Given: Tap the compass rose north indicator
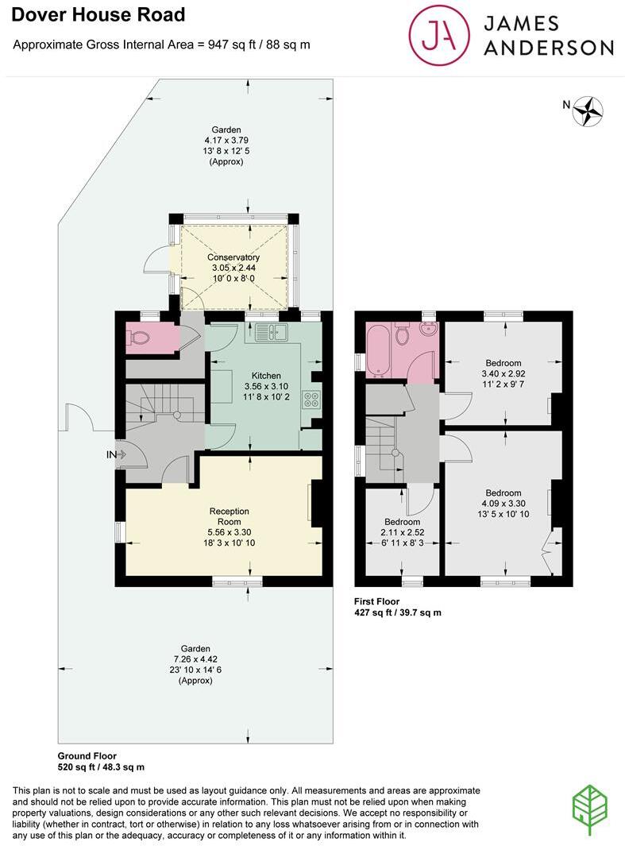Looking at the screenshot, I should click(588, 111).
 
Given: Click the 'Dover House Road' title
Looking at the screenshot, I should click(98, 14).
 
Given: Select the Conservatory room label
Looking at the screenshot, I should click(233, 258).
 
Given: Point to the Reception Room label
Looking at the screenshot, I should click(229, 516).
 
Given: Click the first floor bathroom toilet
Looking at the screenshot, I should click(403, 337).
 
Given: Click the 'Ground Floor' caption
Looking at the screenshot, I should click(87, 755).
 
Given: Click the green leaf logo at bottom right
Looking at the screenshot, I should click(589, 809).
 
